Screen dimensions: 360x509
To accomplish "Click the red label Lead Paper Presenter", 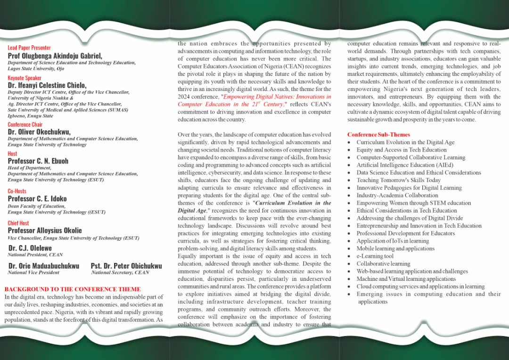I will pyautogui.click(x=29, y=48).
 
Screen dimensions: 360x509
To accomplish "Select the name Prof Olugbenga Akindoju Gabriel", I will pyautogui.click(x=55, y=56).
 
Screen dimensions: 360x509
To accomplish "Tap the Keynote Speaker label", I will pyautogui.click(x=25, y=78).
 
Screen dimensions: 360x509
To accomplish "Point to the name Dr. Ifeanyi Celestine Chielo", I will pyautogui.click(x=47, y=85).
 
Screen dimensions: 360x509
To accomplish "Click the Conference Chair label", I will pyautogui.click(x=25, y=124).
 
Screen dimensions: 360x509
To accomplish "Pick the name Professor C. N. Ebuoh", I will pyautogui.click(x=38, y=161).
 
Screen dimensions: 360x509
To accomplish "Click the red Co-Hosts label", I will pyautogui.click(x=17, y=191).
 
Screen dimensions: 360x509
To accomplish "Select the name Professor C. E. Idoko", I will pyautogui.click(x=37, y=199).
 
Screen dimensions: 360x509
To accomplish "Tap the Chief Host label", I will pyautogui.click(x=18, y=223).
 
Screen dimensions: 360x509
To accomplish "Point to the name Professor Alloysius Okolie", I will pyautogui.click(x=45, y=230).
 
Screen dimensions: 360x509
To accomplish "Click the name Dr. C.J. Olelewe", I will pyautogui.click(x=30, y=248).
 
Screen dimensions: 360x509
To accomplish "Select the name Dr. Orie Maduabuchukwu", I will pyautogui.click(x=44, y=266).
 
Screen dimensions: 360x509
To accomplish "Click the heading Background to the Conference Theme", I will pyautogui.click(x=73, y=289).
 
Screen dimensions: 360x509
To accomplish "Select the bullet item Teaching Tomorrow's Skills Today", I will pyautogui.click(x=398, y=180).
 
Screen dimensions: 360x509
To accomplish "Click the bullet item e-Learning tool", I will pyautogui.click(x=375, y=256).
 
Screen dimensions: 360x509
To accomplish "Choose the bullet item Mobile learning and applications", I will pyautogui.click(x=395, y=248).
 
